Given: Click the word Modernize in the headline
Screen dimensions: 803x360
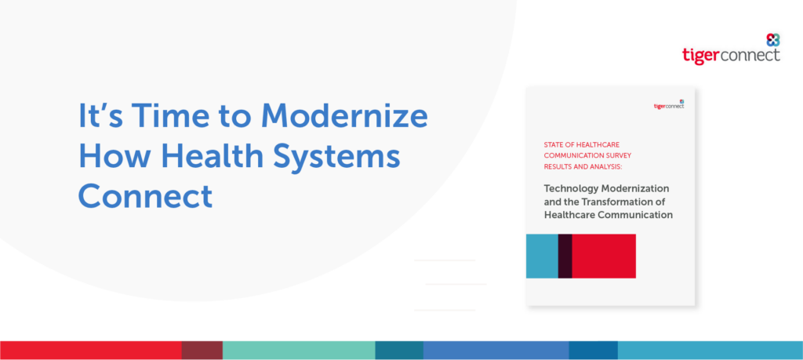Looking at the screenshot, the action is point(344,116).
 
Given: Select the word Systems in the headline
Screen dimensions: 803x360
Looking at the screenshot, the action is point(336,158).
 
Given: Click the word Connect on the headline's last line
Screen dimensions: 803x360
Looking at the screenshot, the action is point(145,197).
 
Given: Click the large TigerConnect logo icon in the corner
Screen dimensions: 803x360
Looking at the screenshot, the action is point(772,40).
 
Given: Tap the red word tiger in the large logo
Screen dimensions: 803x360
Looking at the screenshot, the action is point(701,56).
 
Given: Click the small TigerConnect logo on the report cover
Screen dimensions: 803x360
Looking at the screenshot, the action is point(669,104).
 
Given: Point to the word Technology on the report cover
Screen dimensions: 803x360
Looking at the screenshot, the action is point(569,188).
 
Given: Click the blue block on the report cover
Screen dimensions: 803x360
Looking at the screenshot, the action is point(543,256).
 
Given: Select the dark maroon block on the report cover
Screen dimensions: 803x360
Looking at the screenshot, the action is point(565,256).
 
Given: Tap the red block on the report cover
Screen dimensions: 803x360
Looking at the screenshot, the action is point(604,256).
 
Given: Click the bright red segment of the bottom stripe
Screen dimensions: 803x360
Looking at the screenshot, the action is point(91,351).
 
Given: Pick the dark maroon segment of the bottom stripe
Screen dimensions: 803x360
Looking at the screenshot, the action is point(202,351).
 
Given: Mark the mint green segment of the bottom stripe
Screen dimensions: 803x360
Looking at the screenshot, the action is point(299,351).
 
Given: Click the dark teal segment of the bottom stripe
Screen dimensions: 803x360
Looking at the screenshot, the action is point(399,351).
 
